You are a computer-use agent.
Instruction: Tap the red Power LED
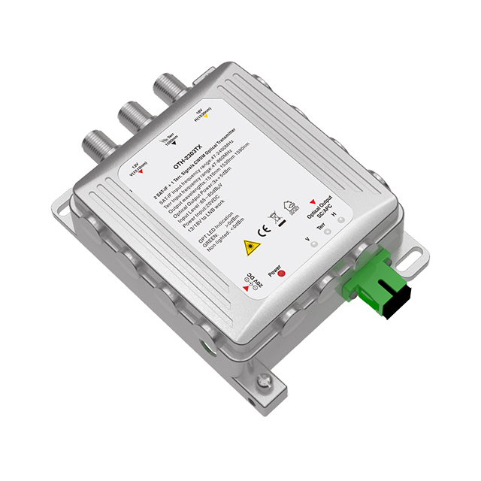point(282,272)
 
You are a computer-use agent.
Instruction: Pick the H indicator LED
point(341,219)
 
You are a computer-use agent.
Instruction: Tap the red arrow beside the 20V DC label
point(246,289)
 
